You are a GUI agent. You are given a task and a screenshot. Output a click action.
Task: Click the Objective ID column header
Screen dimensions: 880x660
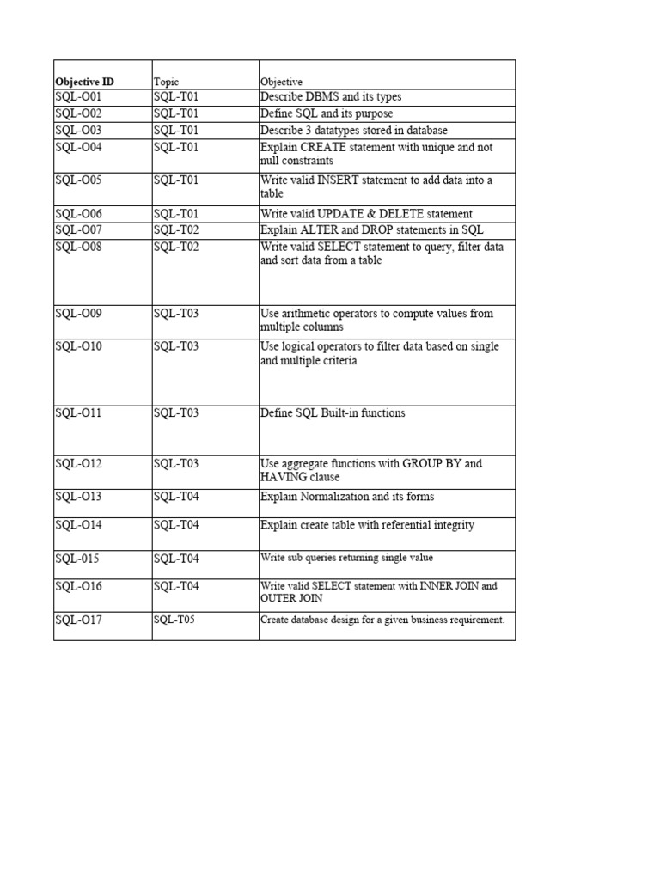pyautogui.click(x=84, y=82)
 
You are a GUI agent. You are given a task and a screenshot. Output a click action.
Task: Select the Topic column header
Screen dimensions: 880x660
pyautogui.click(x=166, y=82)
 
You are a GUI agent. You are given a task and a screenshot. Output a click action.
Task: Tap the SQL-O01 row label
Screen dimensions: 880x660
pyautogui.click(x=78, y=97)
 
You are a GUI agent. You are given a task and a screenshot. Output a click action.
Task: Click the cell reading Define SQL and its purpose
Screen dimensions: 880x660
pyautogui.click(x=315, y=113)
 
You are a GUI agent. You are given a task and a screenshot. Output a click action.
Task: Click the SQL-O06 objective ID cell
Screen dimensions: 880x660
pyautogui.click(x=78, y=214)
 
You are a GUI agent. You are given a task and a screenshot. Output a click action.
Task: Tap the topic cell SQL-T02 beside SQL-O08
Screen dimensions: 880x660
pyautogui.click(x=176, y=247)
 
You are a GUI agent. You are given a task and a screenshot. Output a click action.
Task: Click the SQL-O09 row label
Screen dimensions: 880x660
pyautogui.click(x=78, y=314)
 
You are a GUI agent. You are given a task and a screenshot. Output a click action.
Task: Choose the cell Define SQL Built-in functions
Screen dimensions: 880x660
pyautogui.click(x=333, y=413)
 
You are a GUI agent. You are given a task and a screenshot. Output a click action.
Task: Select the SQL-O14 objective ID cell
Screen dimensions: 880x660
pyautogui.click(x=78, y=525)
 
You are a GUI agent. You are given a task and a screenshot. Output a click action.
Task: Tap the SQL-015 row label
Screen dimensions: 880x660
pyautogui.click(x=77, y=559)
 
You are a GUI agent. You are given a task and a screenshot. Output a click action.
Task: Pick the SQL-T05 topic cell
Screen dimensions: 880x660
pyautogui.click(x=174, y=620)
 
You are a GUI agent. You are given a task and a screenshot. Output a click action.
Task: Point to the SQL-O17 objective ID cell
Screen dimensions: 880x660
pyautogui.click(x=78, y=620)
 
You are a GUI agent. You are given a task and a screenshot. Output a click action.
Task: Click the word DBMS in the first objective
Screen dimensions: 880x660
pyautogui.click(x=322, y=97)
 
